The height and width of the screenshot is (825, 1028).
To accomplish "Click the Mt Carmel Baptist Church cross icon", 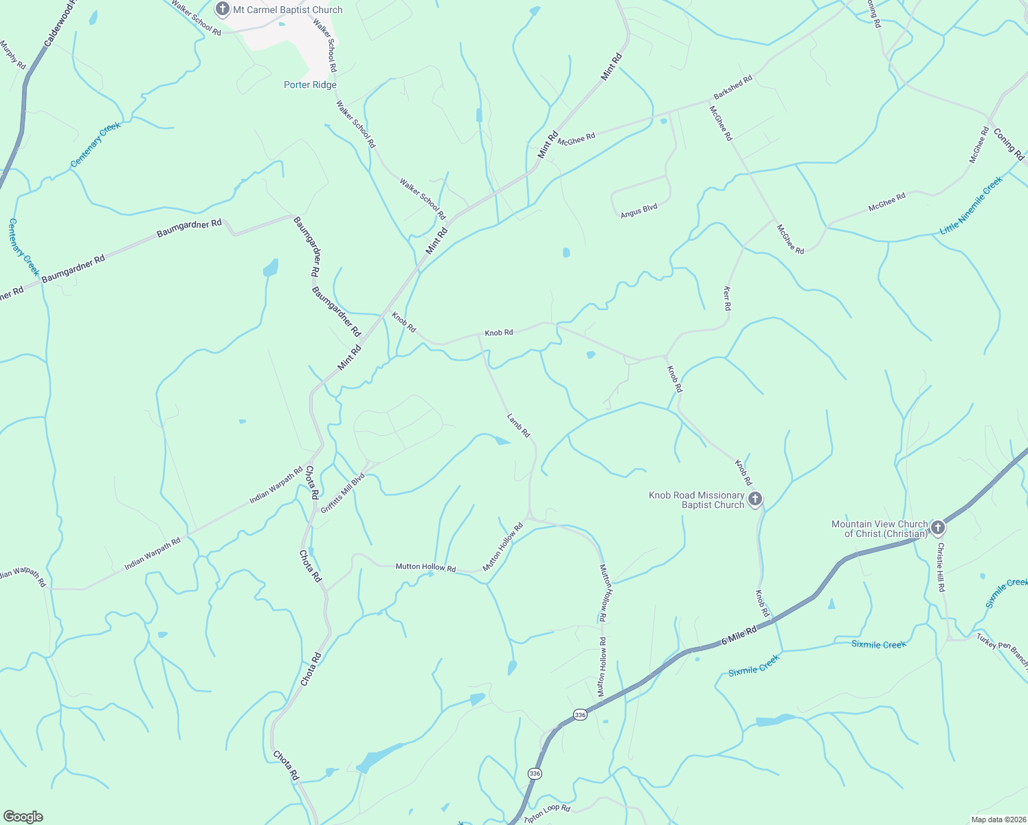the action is (222, 10).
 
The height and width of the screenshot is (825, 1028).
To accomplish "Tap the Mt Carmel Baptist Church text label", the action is (288, 10).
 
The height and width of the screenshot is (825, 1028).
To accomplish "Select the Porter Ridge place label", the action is (310, 85).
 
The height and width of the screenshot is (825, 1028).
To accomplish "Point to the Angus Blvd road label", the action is (639, 211).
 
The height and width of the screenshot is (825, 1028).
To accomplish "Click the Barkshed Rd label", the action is (733, 87).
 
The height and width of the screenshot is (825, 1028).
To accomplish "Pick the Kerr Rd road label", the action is (727, 298).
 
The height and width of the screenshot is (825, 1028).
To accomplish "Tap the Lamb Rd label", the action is (519, 426).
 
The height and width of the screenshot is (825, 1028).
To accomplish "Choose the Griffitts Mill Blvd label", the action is (342, 493).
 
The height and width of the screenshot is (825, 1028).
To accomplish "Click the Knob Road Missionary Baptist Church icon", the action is (755, 499).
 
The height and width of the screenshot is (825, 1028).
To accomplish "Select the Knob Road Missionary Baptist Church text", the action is (697, 500).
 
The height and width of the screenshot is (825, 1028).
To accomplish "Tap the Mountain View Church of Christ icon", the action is (938, 528).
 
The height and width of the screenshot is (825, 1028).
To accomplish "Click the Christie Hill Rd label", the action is (941, 567).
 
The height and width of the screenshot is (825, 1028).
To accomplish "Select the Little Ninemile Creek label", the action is (972, 206).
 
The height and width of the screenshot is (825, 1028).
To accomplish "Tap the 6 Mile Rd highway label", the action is (739, 635).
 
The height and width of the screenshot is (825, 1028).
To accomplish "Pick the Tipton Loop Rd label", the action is (547, 814).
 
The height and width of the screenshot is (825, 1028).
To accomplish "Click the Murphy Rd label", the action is (13, 55).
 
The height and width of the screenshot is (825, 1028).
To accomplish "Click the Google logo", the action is (23, 817).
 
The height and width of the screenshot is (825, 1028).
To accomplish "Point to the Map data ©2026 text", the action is (998, 819).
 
